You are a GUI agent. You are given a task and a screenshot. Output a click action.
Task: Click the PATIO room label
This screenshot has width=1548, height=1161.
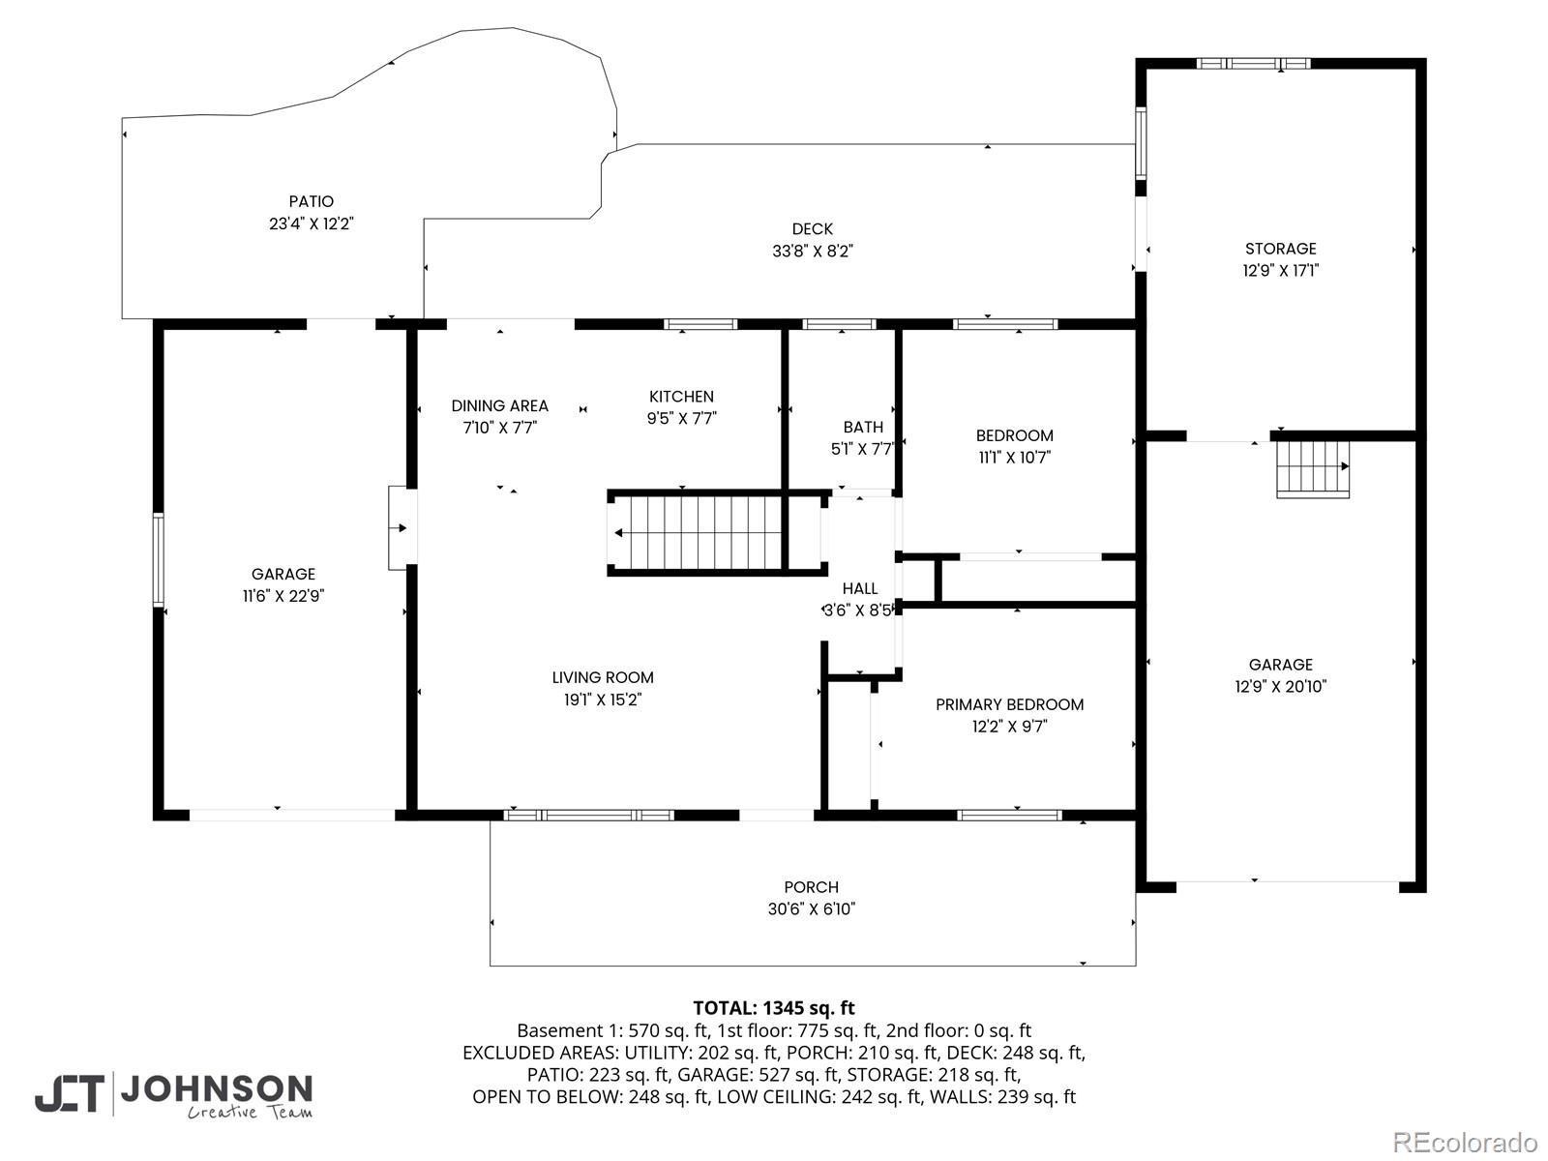311,201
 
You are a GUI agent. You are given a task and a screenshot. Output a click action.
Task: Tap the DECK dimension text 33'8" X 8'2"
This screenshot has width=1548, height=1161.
813,251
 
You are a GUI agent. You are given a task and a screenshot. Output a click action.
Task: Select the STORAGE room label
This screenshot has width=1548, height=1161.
1281,248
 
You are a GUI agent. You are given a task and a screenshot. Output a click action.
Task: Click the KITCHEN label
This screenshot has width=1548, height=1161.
681,396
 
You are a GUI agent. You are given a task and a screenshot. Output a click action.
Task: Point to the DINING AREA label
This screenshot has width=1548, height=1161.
499,405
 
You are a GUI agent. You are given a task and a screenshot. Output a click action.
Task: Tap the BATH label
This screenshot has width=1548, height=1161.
863,427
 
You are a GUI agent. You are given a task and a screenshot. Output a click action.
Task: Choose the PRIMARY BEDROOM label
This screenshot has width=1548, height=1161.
1009,704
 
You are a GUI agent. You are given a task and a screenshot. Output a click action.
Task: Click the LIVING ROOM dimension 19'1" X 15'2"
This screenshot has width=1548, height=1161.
603,700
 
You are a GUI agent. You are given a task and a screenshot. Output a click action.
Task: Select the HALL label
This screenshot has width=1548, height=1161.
860,588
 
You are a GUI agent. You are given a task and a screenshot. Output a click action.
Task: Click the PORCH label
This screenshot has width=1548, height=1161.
811,887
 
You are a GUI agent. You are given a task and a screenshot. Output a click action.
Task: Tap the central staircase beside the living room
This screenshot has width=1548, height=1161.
718,533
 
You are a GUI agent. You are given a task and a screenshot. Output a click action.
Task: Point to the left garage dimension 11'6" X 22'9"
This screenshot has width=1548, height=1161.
283,596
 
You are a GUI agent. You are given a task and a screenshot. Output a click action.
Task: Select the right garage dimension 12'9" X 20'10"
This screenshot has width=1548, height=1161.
1281,686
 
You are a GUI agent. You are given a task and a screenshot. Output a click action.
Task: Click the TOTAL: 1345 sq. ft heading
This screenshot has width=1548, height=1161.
774,1008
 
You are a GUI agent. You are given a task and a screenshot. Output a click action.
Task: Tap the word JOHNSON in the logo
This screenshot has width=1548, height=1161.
217,1089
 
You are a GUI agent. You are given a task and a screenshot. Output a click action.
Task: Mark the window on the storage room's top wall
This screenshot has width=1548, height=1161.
1253,64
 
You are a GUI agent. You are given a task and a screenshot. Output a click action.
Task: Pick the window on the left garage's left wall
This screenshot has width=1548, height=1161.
159,560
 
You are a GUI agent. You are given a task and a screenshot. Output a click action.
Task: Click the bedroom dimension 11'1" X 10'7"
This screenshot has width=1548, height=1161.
1014,458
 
